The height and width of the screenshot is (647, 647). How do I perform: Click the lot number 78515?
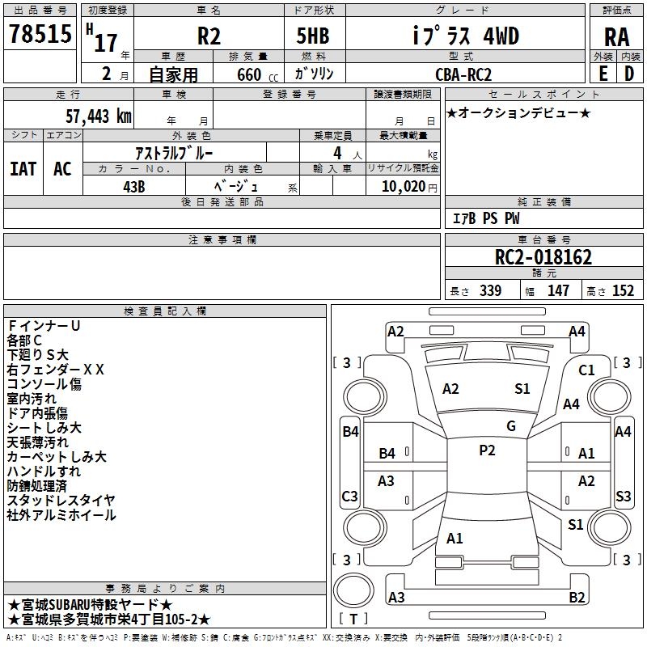pos(40,36)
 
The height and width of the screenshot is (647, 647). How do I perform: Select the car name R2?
pos(209,36)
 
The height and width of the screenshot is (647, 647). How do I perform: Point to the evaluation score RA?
pos(616,37)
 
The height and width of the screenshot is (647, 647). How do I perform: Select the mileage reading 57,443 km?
pos(98,116)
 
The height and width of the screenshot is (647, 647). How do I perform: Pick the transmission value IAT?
pos(23,169)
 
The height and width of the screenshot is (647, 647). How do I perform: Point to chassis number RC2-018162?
pos(543,258)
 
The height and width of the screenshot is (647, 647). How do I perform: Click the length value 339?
pos(490,291)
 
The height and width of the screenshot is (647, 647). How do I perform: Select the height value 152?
pos(623,291)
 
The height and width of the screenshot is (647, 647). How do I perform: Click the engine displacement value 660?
pos(247,74)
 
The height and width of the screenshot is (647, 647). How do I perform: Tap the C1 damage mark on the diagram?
pos(586,370)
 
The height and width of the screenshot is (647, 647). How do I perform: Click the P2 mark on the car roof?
pos(487,450)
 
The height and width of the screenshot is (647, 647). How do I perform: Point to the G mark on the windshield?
pos(511,426)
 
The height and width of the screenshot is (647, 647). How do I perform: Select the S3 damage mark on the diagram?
pos(624,496)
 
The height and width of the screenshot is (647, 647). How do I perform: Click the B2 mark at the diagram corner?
pos(577,598)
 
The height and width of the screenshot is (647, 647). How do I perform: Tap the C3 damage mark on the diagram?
pos(350,496)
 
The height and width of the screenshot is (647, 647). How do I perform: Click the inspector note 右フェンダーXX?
pos(56,370)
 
